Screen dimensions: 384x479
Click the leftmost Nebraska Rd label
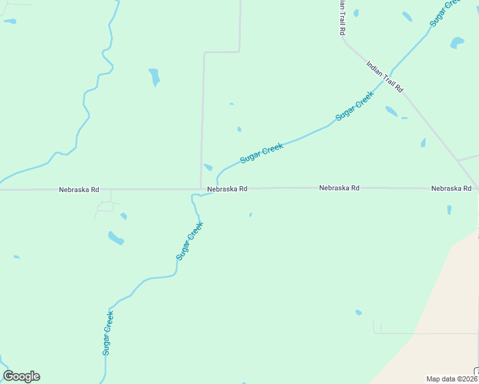pyautogui.click(x=79, y=190)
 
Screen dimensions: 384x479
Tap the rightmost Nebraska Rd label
pyautogui.click(x=451, y=189)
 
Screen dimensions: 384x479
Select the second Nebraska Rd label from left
pyautogui.click(x=227, y=189)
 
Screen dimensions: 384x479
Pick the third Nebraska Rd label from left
pyautogui.click(x=339, y=188)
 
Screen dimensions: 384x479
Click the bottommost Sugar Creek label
pyautogui.click(x=108, y=332)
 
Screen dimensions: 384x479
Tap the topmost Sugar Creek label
pyautogui.click(x=445, y=12)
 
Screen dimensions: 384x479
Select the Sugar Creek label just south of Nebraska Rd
pyautogui.click(x=190, y=240)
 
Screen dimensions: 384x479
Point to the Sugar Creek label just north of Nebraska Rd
pyautogui.click(x=261, y=153)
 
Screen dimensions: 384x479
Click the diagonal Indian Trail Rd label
pyautogui.click(x=384, y=77)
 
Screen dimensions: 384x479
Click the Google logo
pyautogui.click(x=21, y=376)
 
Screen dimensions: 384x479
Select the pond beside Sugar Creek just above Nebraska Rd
pyautogui.click(x=208, y=168)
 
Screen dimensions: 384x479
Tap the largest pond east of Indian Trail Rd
pyautogui.click(x=457, y=43)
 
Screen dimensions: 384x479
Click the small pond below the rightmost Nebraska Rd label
pyautogui.click(x=449, y=209)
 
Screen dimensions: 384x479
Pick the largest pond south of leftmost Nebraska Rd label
pyautogui.click(x=115, y=238)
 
